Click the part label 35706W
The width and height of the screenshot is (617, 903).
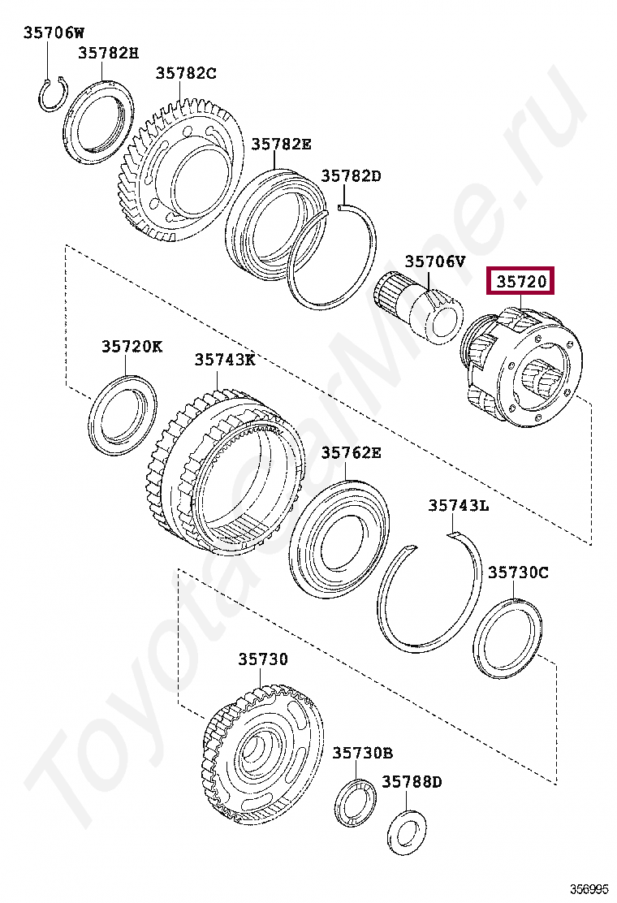tap(54, 32)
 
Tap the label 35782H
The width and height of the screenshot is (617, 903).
tap(109, 53)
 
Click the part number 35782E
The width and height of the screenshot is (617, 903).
tap(281, 144)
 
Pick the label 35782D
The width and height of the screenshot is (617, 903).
tap(351, 175)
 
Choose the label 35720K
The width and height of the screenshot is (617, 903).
tap(132, 346)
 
